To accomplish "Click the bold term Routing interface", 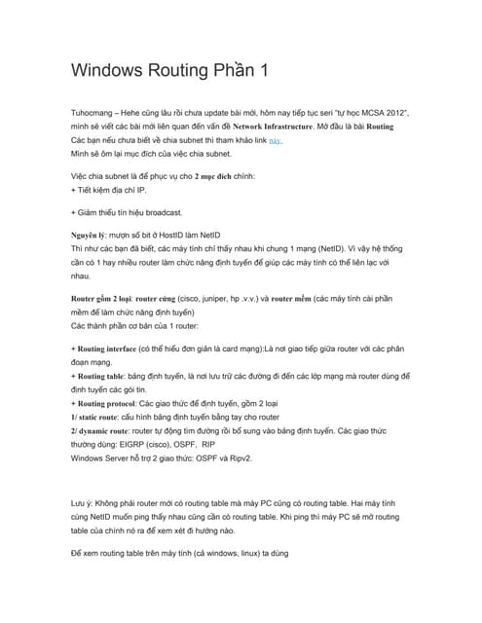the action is coord(114,348).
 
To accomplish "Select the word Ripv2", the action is coord(258,457).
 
